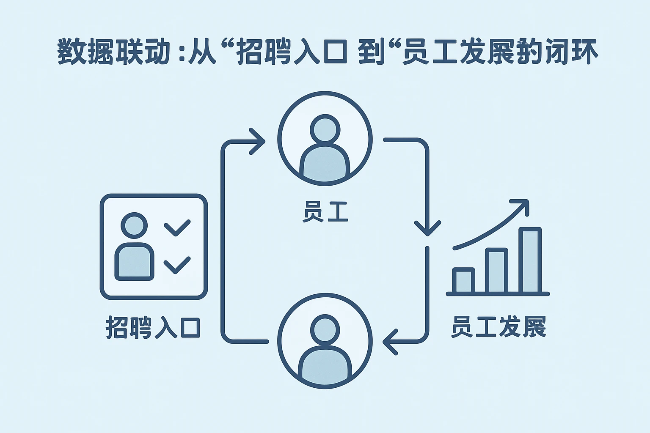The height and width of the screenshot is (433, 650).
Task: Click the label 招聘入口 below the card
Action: [153, 327]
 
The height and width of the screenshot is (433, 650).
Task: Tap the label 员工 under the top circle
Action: [325, 212]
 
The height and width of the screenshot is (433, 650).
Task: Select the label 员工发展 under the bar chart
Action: [498, 326]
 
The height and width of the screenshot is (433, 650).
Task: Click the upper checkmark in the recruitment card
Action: [177, 227]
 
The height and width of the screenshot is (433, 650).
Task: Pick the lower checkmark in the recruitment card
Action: [177, 265]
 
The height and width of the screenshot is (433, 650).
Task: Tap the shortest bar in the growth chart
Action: [463, 280]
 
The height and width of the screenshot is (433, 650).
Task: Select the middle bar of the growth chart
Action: [496, 271]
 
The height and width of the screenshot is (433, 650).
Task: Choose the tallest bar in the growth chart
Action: [530, 260]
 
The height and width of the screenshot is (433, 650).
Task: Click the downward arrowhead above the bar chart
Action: [427, 228]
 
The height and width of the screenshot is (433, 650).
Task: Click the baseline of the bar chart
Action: [498, 293]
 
